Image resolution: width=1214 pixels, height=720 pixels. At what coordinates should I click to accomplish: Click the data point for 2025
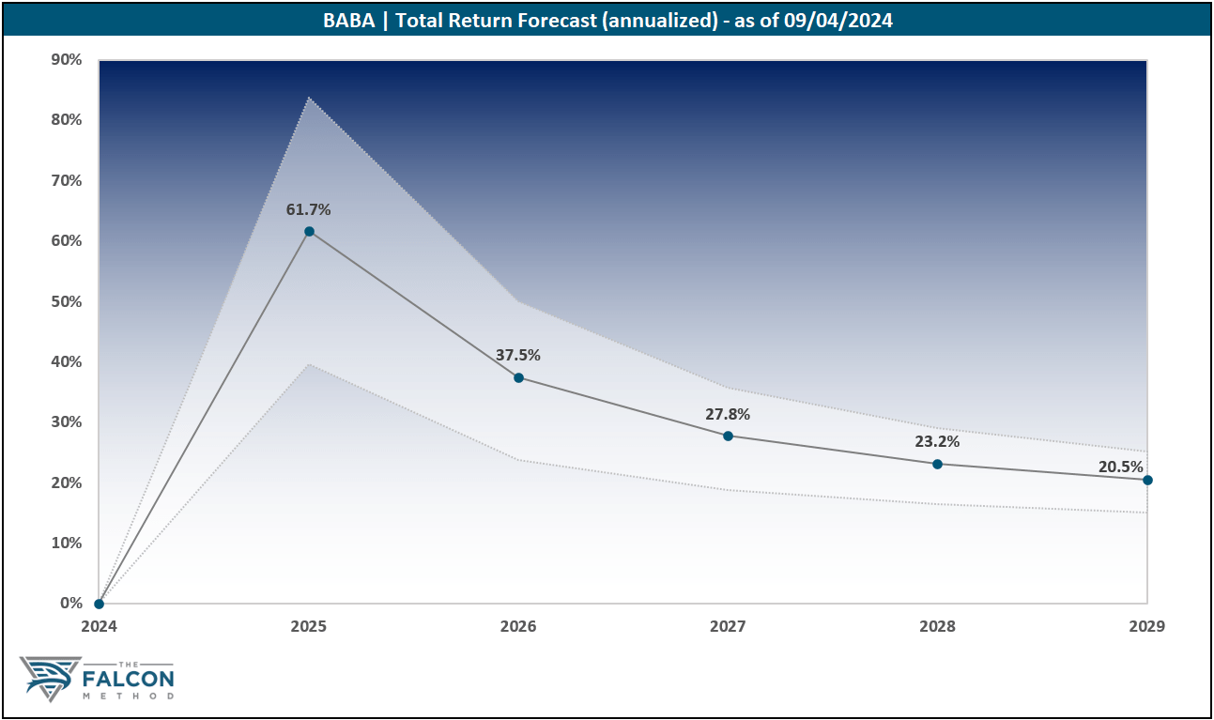(x=309, y=231)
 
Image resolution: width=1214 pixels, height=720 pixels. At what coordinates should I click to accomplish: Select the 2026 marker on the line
(x=518, y=377)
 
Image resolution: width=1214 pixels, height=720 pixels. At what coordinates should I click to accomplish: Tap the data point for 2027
(x=728, y=436)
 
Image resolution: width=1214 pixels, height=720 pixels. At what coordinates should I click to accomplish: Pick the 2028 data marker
(x=937, y=464)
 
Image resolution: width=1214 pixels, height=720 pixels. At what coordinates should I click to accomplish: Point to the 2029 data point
(x=1147, y=480)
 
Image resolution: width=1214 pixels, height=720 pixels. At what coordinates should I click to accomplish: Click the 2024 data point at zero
(x=99, y=604)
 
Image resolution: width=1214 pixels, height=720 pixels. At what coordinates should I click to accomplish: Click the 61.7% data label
(x=309, y=210)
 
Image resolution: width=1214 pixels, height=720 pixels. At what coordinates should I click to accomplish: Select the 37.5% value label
(x=518, y=356)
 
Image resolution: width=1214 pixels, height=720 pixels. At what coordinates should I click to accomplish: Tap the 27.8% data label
(x=728, y=414)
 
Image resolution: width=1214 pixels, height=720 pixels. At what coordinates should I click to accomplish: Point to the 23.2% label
(x=937, y=442)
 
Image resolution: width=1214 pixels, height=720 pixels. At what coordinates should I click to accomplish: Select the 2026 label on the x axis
(x=518, y=626)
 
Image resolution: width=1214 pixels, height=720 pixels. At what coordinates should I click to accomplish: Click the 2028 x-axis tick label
(x=937, y=626)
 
